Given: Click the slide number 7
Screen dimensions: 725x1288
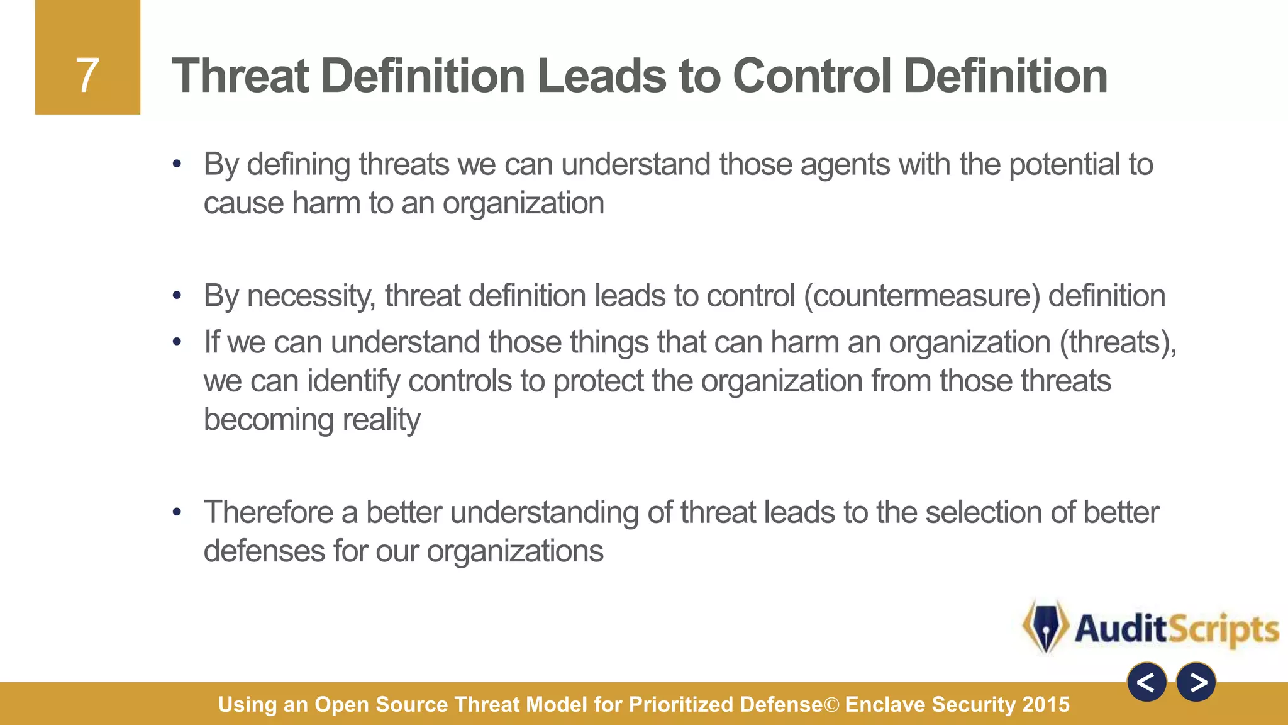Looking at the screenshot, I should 87,76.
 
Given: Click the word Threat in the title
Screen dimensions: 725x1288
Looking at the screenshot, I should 240,76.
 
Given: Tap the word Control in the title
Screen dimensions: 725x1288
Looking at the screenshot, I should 811,76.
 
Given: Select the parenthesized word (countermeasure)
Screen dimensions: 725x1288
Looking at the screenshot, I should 922,296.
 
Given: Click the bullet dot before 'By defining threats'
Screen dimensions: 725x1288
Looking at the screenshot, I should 177,165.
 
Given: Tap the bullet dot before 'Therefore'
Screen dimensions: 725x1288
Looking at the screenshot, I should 177,512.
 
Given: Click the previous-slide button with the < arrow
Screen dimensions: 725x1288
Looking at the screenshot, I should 1146,682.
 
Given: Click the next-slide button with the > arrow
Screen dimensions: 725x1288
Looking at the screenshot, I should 1196,682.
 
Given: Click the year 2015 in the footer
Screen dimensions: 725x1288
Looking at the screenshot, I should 1046,704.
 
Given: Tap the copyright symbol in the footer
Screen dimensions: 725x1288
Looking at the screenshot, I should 831,705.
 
